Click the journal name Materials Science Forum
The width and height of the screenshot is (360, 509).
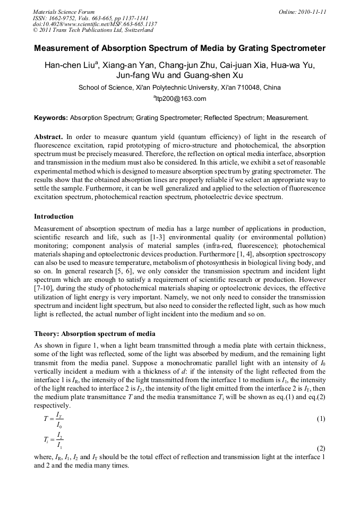[x=64, y=12]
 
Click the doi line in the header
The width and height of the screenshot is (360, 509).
[x=95, y=24]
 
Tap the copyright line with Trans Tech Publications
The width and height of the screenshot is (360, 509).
[x=93, y=30]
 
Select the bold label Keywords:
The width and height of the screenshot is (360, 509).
[x=51, y=117]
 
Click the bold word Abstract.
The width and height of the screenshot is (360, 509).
[x=48, y=137]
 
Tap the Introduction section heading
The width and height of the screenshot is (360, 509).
[x=54, y=217]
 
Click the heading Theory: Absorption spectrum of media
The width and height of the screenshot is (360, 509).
[x=95, y=334]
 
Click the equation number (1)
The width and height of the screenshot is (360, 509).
[x=321, y=419]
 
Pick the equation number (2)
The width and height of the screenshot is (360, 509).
[x=321, y=448]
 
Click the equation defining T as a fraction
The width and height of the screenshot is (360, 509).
[x=54, y=419]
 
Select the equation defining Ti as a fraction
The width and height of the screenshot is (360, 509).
[x=54, y=440]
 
